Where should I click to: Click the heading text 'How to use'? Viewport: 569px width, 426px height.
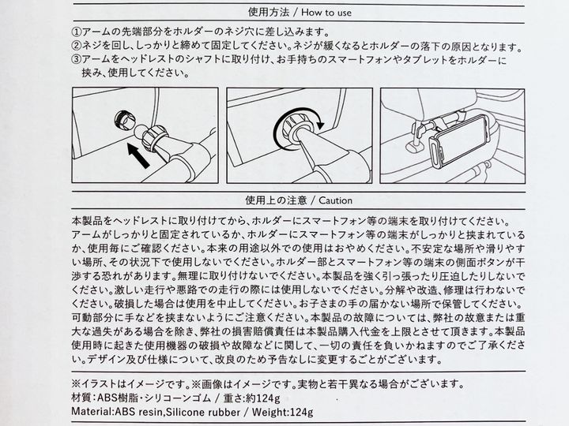(326, 13)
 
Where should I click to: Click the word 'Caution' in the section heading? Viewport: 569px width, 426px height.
(336, 200)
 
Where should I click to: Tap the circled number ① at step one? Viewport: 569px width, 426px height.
(76, 32)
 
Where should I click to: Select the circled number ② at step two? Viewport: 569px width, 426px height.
(76, 46)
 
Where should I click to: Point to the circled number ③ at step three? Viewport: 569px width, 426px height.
(76, 59)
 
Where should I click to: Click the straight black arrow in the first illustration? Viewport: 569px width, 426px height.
(138, 155)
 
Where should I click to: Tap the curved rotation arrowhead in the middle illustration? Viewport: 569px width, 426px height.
(320, 125)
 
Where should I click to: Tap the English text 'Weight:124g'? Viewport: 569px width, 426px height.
(282, 413)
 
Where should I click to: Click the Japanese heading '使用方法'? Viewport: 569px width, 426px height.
(269, 13)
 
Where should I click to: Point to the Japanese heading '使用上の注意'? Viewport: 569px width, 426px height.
(276, 200)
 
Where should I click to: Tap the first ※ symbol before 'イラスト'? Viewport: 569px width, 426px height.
(76, 384)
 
